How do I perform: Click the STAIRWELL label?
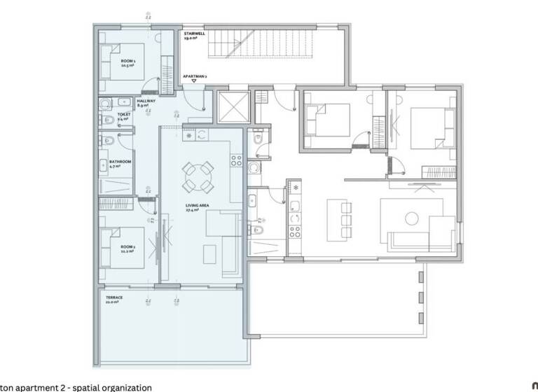coord(193,33)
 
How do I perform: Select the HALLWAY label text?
coord(146,101)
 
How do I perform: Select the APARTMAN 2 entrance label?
coord(193,75)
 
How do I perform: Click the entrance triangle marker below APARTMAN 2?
coord(193,82)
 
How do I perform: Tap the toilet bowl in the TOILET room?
coord(109,120)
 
